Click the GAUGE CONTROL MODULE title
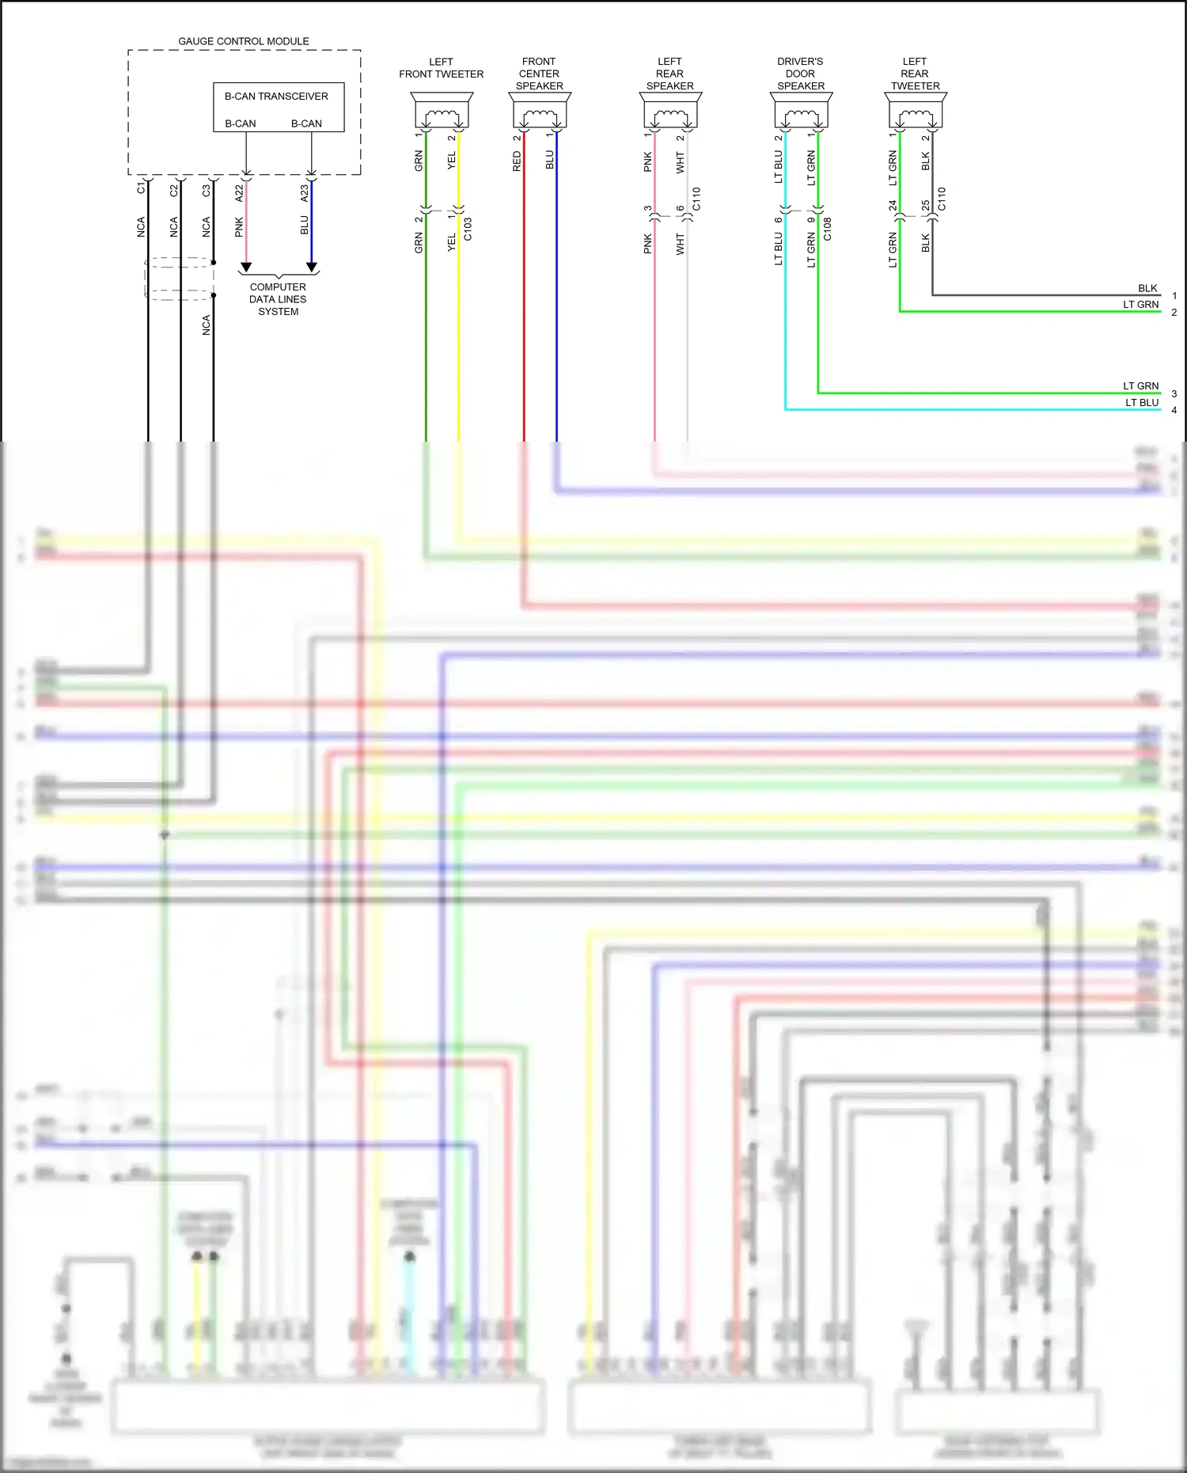coord(243,41)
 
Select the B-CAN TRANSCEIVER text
coord(276,97)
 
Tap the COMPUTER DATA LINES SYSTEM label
coord(278,299)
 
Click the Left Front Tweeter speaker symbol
coord(442,111)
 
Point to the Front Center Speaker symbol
coord(540,111)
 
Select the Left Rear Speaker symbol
coord(670,111)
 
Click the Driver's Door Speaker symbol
coord(801,111)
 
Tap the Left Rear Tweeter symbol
coord(916,111)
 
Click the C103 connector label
coord(468,229)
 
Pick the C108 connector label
coord(827,229)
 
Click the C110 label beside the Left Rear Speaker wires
coord(696,199)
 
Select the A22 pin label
coord(240,192)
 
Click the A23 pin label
coord(305,192)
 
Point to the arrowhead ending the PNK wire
coord(246,268)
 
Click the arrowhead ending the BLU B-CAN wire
coord(312,268)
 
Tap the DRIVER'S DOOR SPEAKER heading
coord(800,74)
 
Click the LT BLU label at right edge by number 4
coord(1142,403)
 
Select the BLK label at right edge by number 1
coord(1147,288)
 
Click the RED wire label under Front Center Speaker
coord(517,162)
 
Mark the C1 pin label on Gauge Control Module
coord(142,188)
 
